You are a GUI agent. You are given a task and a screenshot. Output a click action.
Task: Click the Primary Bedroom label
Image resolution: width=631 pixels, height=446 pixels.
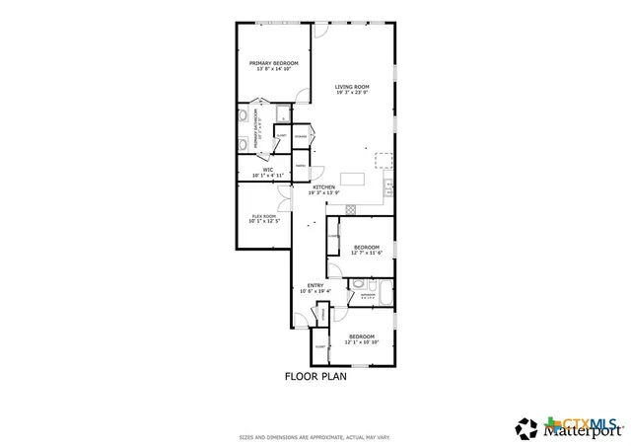(273, 65)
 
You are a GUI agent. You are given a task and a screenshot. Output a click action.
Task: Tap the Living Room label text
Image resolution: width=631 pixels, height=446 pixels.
(351, 90)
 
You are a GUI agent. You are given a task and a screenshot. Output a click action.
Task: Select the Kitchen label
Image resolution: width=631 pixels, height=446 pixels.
(323, 189)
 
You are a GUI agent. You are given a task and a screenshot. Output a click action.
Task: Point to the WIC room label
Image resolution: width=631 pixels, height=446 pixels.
(267, 172)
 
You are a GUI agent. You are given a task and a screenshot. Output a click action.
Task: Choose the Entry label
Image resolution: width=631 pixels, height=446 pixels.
(315, 288)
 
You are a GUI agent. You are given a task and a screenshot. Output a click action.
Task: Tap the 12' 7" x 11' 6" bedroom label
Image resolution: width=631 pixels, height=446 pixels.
(367, 250)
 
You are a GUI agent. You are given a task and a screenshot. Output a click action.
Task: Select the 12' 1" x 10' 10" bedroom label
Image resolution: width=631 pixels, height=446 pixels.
(365, 340)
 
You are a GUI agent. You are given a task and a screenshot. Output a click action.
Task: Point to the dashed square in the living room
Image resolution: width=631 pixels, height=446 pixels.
(383, 159)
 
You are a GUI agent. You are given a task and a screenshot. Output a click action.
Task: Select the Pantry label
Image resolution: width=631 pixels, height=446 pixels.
(301, 167)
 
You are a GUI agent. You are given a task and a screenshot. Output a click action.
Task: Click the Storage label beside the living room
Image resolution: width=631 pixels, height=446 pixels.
(301, 135)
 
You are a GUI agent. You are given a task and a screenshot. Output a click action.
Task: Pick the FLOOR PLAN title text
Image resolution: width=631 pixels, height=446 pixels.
(315, 376)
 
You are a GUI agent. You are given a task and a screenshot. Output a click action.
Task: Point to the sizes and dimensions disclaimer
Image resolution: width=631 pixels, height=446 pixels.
(315, 436)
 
